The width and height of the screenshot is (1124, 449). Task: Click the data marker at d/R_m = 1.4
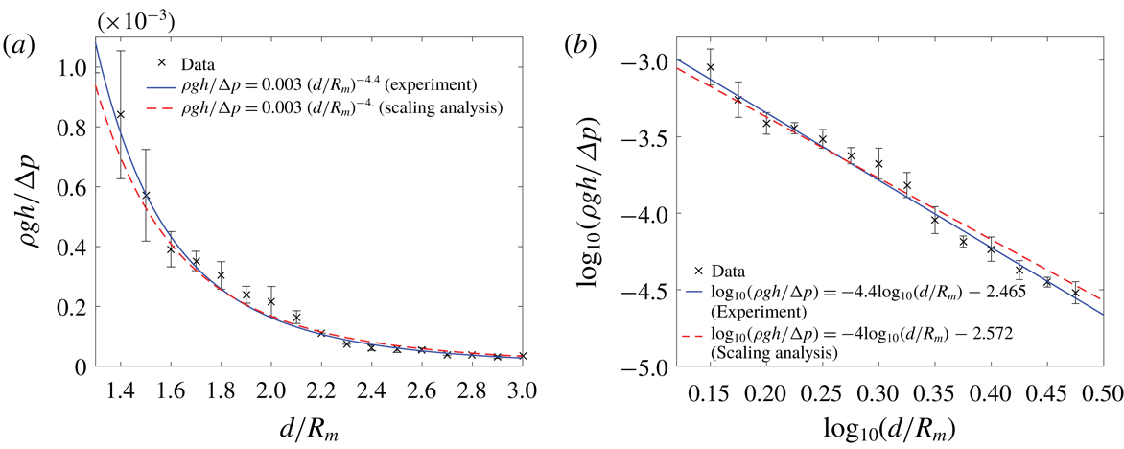120,114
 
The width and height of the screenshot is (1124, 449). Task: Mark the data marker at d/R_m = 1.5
146,195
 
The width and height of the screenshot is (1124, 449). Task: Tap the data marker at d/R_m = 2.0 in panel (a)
271,301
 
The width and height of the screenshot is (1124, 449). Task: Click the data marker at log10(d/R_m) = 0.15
710,67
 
